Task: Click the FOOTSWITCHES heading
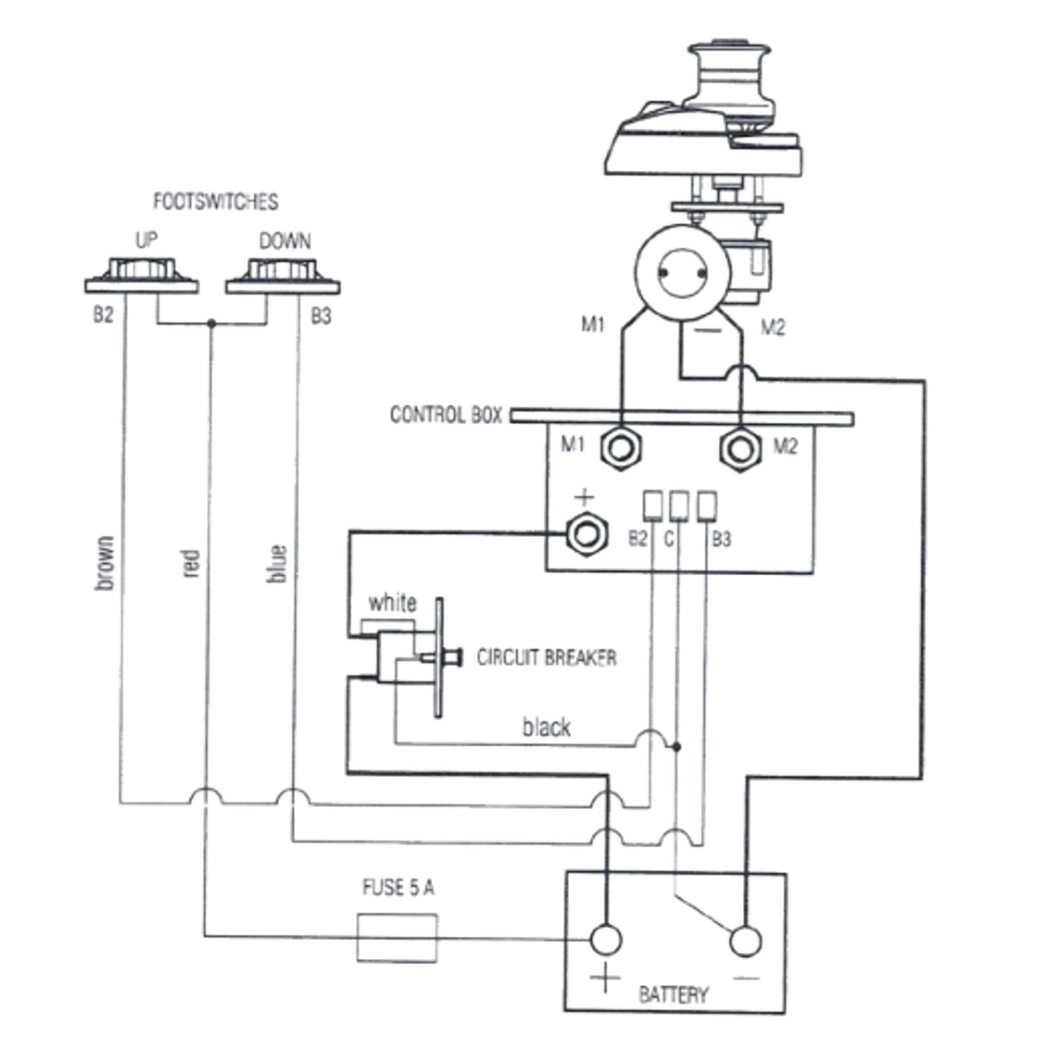[x=215, y=202]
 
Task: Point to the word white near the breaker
[x=392, y=603]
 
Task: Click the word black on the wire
[x=546, y=727]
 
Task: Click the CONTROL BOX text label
[x=446, y=415]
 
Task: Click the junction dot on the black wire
[x=676, y=747]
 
